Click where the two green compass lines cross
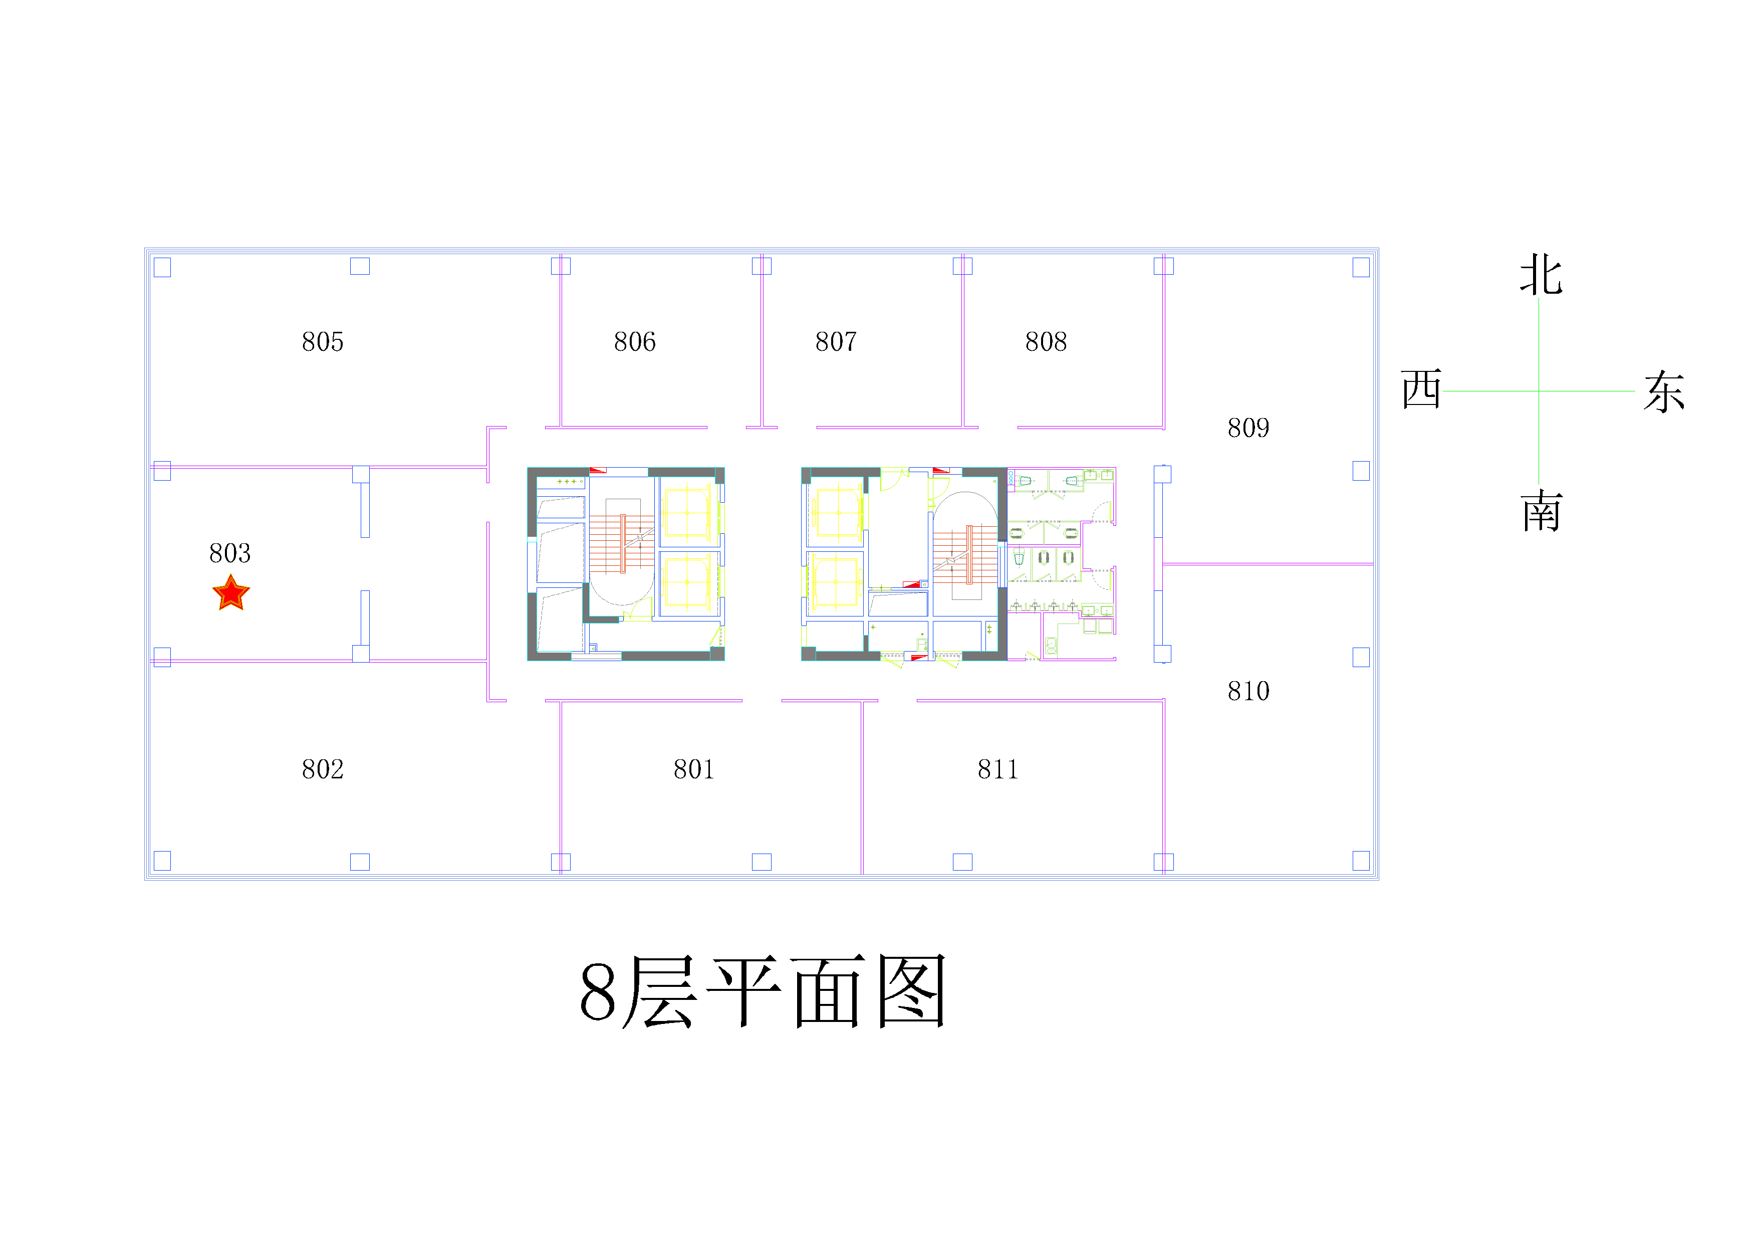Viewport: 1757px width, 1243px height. click(x=1539, y=391)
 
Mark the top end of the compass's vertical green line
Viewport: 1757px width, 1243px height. click(x=1539, y=299)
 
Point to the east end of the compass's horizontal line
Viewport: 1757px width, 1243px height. click(x=1635, y=391)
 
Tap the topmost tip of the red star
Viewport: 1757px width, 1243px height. click(x=231, y=574)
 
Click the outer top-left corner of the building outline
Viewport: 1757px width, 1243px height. click(x=145, y=248)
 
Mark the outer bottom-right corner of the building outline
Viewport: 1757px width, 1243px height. click(x=1379, y=880)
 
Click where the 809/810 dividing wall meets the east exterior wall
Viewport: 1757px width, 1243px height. click(x=1374, y=564)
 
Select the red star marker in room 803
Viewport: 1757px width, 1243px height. click(x=231, y=593)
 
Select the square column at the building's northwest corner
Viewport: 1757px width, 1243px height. click(x=162, y=267)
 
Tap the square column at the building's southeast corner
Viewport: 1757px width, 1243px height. click(x=1361, y=861)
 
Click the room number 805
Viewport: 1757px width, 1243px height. click(x=323, y=341)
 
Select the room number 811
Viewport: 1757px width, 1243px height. click(x=998, y=769)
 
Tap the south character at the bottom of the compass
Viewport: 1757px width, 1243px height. click(x=1541, y=511)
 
